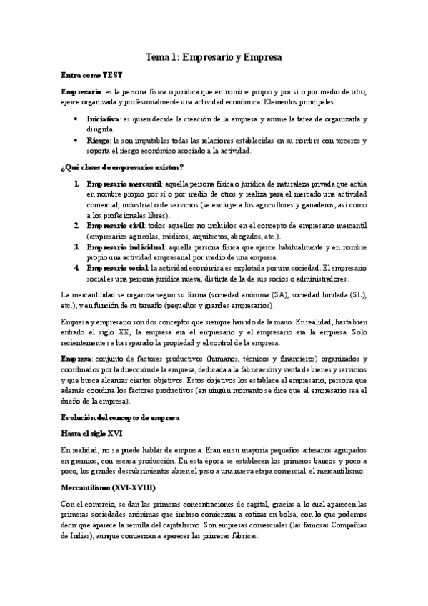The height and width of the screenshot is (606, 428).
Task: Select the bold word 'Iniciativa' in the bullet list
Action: (102, 119)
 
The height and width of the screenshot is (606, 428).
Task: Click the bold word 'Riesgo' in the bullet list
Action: (98, 141)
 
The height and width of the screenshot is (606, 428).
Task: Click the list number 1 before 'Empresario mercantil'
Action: (76, 184)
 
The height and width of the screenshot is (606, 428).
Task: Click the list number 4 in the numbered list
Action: (76, 267)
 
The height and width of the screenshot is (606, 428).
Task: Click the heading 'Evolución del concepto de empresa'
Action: (120, 416)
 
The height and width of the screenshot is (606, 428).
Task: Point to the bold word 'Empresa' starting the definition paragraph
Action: (76, 358)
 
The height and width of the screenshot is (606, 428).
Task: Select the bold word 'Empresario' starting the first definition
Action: (81, 92)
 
